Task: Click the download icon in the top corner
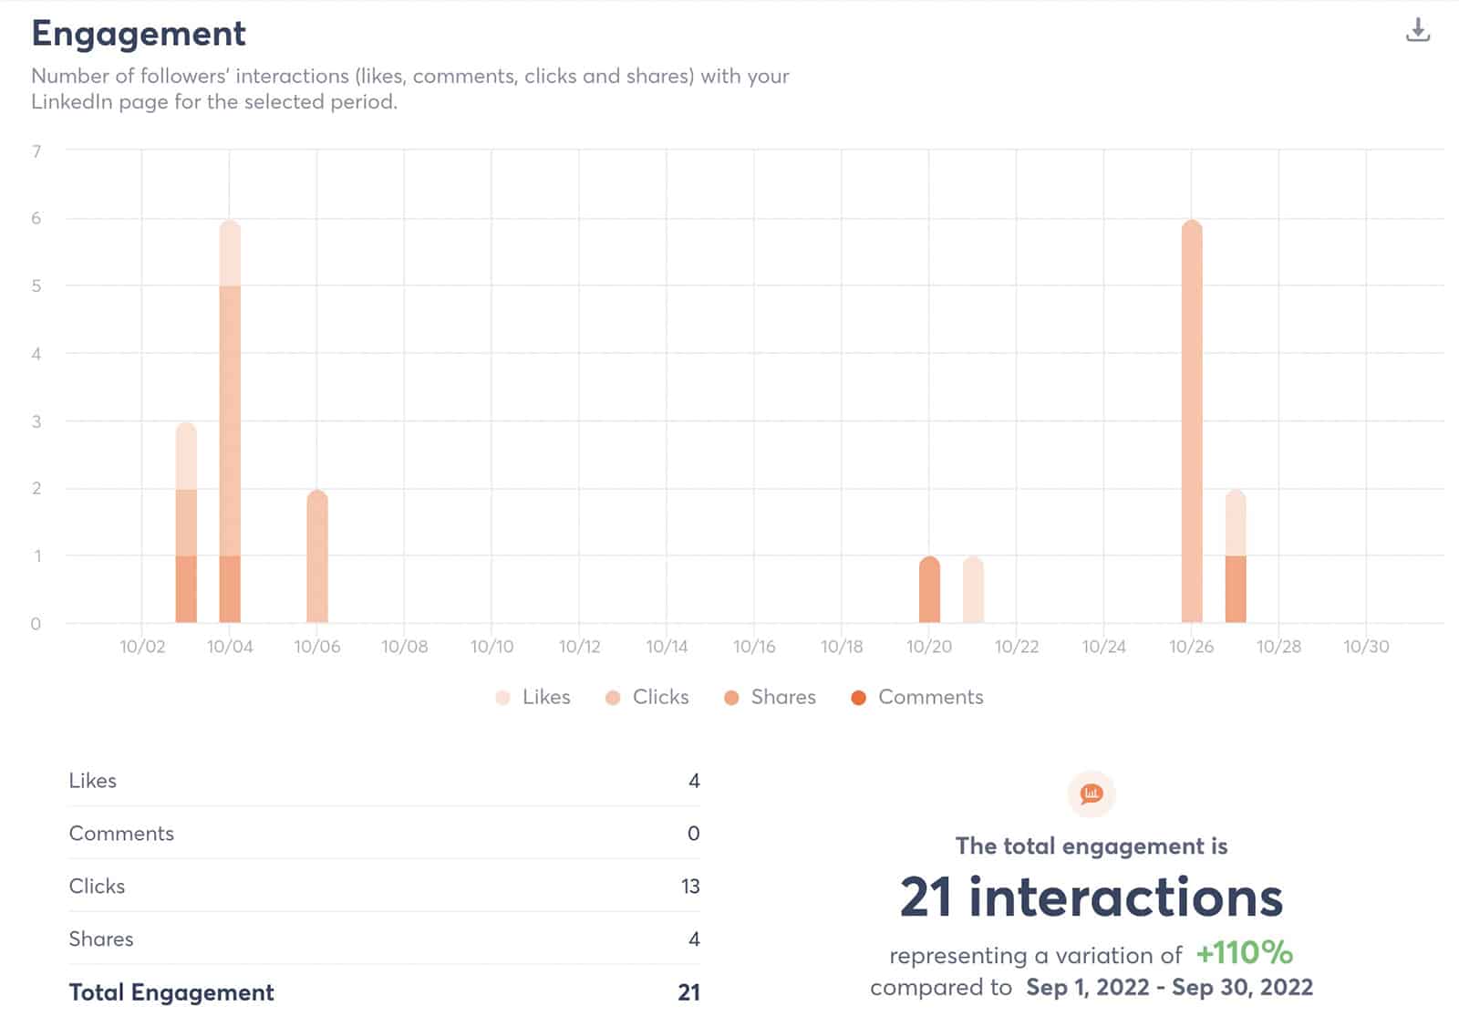[x=1417, y=30]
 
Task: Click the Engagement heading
[x=139, y=34]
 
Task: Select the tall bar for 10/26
[x=1191, y=420]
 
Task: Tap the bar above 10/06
[x=316, y=556]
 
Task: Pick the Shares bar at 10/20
[x=929, y=589]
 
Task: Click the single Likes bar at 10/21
[x=973, y=589]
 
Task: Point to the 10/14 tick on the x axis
[x=667, y=647]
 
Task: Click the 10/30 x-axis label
[x=1366, y=647]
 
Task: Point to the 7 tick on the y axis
[x=36, y=151]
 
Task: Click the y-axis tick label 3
[x=36, y=421]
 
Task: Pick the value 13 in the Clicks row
[x=689, y=887]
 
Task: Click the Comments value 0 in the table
[x=693, y=834]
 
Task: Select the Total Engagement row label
[x=171, y=992]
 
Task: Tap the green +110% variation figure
[x=1244, y=953]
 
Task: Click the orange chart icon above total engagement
[x=1092, y=794]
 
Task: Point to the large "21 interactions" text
[x=1092, y=898]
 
